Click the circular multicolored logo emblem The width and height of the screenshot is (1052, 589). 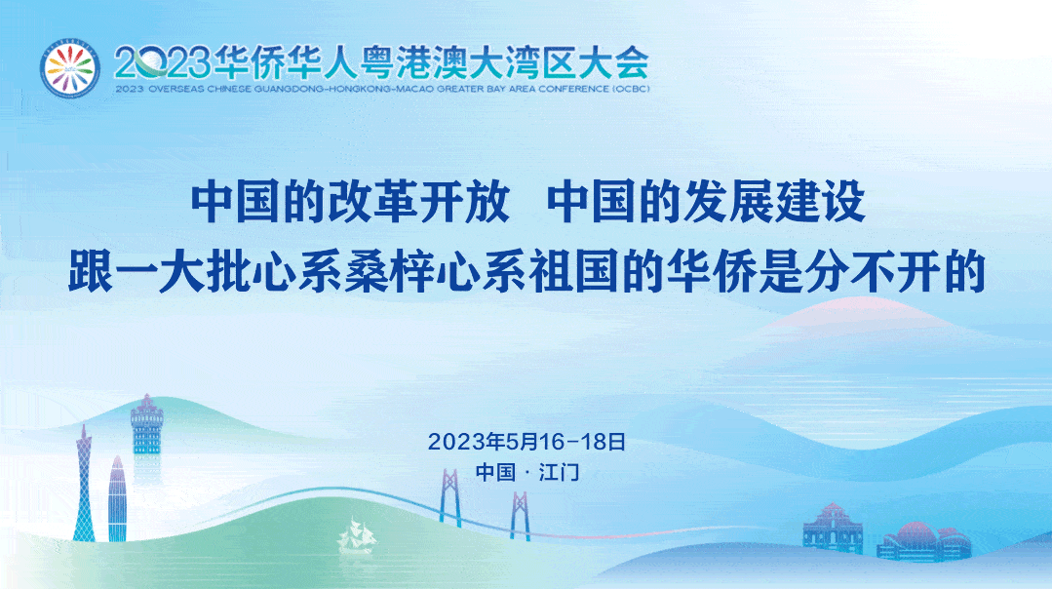point(70,68)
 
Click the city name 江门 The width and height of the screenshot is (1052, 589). point(559,472)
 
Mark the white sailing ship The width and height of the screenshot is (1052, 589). point(356,536)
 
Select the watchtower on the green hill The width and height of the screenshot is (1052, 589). point(147,425)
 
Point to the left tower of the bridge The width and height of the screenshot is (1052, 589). point(450,497)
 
